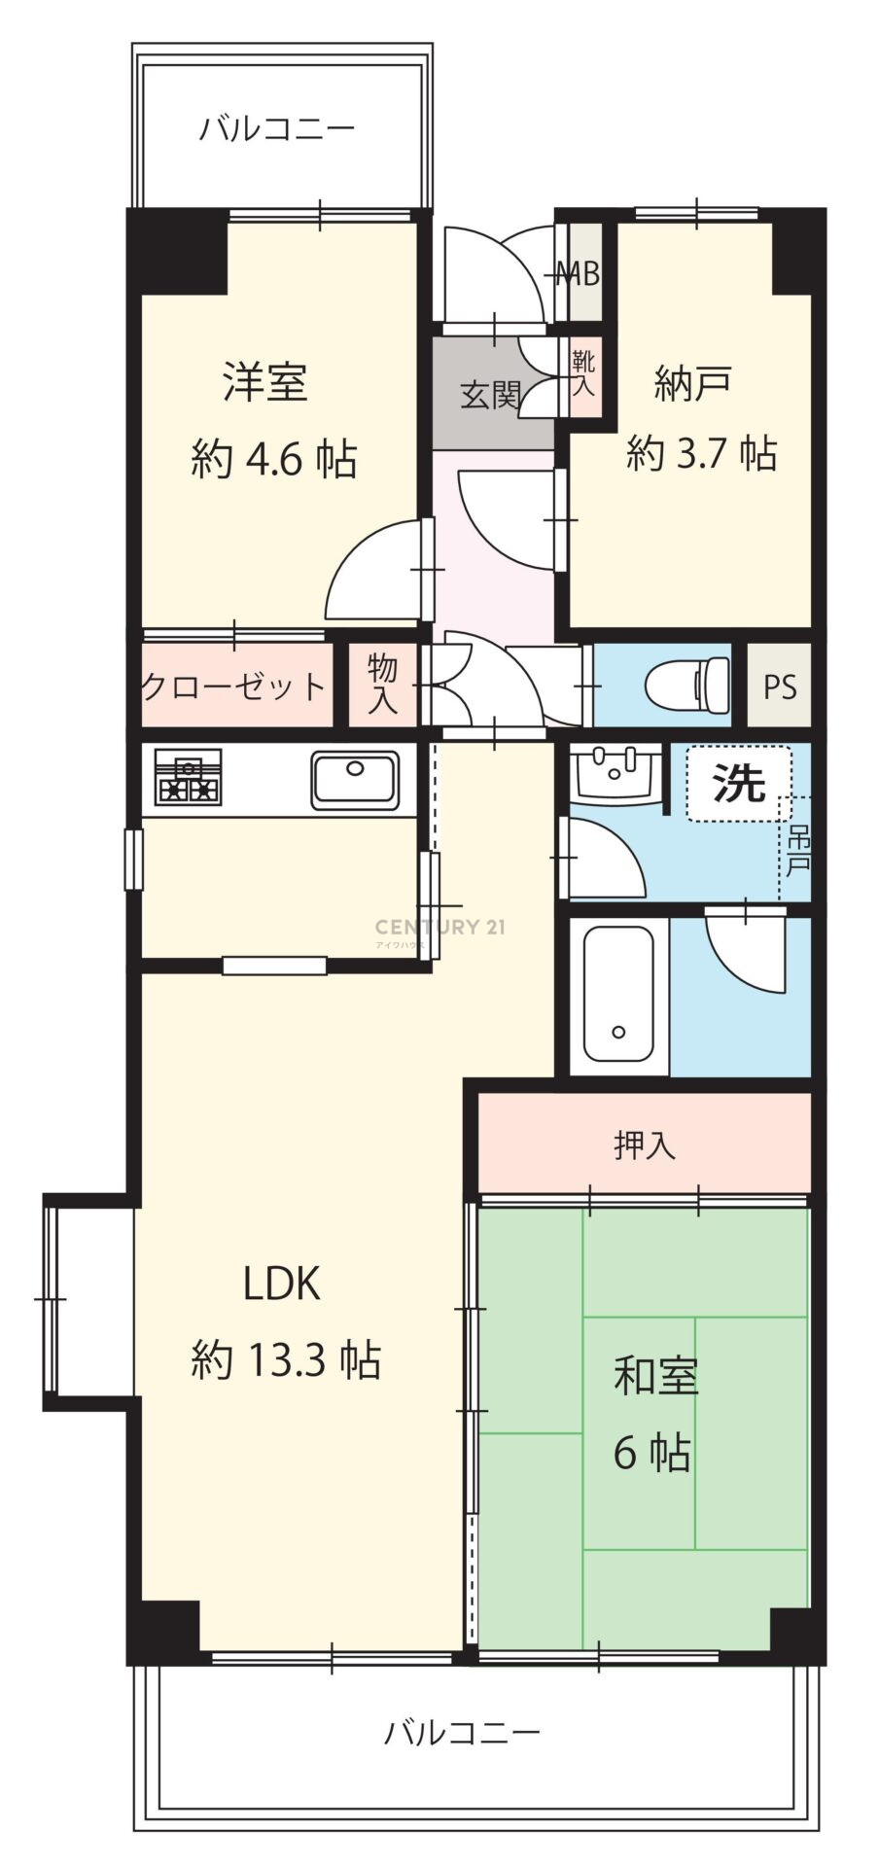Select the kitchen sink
[355, 780]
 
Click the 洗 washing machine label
[739, 783]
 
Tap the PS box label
[779, 687]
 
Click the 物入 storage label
[383, 685]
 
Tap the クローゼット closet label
[233, 687]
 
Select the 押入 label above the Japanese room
[645, 1146]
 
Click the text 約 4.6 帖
[274, 457]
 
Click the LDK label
[281, 1285]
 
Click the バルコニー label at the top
[277, 128]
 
